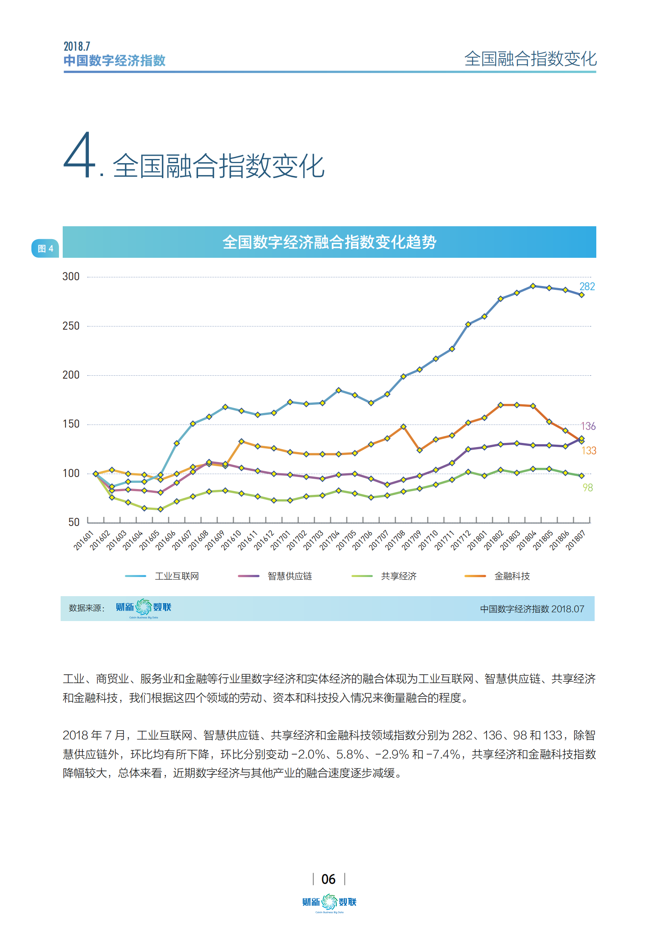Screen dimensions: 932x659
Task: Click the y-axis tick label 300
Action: coord(71,276)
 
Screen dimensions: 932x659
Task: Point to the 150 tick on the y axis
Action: coord(71,424)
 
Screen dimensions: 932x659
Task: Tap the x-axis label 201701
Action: coord(280,540)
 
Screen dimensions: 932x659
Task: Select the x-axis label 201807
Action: coord(576,540)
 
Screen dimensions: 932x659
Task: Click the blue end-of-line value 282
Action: coord(587,286)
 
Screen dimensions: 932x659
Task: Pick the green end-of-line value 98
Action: coord(588,487)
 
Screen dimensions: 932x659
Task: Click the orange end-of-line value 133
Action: coord(588,450)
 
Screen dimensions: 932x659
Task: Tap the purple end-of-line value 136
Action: coord(588,426)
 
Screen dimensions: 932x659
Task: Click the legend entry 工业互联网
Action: coord(176,576)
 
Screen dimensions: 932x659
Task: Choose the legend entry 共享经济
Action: coord(399,576)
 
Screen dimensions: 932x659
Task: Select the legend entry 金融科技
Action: coord(512,576)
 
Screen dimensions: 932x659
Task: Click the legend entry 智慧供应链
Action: coord(289,576)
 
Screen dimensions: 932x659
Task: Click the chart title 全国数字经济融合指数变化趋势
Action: coord(329,242)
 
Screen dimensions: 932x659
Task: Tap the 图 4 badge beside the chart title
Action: coord(45,248)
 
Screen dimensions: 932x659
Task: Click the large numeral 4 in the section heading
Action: coord(80,156)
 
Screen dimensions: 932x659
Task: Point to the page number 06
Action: coord(328,879)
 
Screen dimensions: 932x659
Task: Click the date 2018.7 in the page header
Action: coord(77,46)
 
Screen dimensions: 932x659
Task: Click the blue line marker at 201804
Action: coord(533,286)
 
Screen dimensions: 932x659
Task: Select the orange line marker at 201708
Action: coord(403,426)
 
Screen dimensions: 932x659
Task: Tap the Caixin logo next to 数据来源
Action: coord(143,607)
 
